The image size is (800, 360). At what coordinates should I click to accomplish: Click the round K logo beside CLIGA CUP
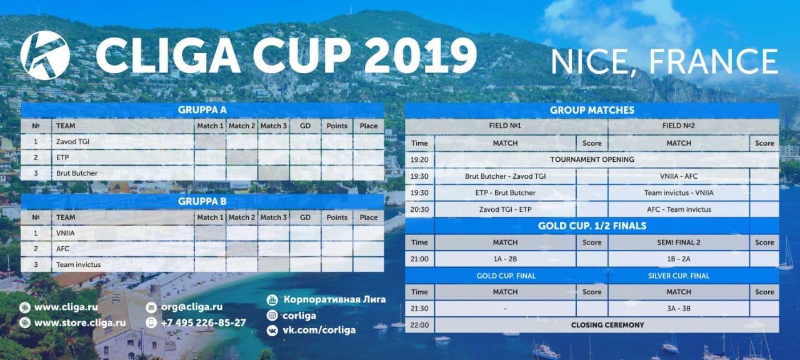[x=45, y=55]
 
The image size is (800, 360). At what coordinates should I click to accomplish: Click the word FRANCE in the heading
[x=713, y=61]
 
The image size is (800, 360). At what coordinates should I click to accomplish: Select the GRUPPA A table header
[x=202, y=110]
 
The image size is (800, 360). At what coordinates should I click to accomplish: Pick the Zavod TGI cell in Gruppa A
[x=72, y=141]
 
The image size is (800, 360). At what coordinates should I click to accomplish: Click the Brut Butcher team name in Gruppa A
[x=77, y=173]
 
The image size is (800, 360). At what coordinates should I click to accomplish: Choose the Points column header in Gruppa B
[x=337, y=217]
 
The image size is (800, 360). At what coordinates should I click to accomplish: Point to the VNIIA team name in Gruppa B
[x=66, y=233]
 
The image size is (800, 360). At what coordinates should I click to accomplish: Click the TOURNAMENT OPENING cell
[x=592, y=159]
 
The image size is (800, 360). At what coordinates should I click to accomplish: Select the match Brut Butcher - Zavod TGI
[x=505, y=176]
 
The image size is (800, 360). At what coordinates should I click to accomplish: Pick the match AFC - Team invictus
[x=679, y=209]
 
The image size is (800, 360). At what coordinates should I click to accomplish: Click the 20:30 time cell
[x=419, y=209]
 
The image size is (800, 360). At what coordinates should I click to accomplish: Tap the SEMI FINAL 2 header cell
[x=679, y=242]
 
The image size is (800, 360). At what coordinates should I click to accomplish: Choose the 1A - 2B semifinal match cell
[x=505, y=259]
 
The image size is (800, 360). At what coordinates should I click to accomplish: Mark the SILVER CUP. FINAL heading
[x=679, y=276]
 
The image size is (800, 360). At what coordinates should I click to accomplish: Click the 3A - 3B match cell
[x=679, y=309]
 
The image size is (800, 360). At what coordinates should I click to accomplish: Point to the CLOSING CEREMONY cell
[x=607, y=325]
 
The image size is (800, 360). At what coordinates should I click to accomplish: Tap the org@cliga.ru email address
[x=192, y=307]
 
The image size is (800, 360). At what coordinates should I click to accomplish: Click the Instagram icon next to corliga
[x=272, y=316]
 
